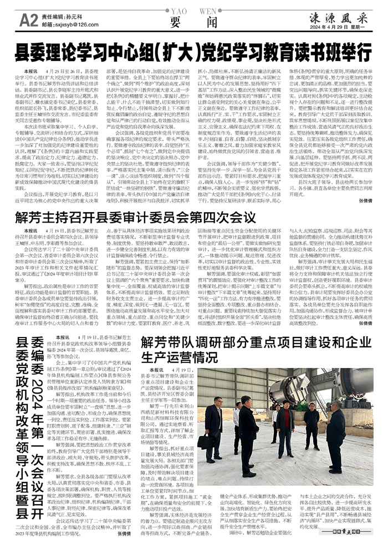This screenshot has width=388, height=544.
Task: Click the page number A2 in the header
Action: click(29, 21)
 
